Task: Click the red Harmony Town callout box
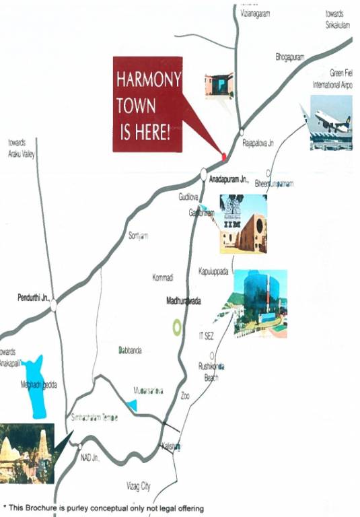(x=147, y=104)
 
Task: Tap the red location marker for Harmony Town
(x=224, y=157)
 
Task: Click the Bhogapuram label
(x=291, y=58)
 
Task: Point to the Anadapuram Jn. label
(x=229, y=180)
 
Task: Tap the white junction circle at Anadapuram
(x=203, y=174)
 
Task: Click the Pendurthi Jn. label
(x=33, y=297)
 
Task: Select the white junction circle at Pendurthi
(x=53, y=305)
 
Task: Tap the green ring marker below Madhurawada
(x=176, y=328)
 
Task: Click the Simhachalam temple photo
(x=27, y=452)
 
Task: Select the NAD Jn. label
(x=90, y=456)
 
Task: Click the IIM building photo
(x=243, y=223)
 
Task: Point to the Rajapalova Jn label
(x=259, y=143)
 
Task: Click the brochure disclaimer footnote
(x=104, y=508)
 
